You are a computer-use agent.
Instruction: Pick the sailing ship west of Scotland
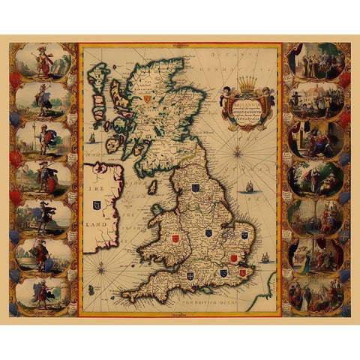pos(91,138)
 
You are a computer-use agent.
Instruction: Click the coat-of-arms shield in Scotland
pos(148,97)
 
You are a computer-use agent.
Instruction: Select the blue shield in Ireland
pos(96,204)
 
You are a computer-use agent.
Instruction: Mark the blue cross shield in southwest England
pos(171,274)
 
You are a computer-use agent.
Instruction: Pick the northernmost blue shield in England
pos(195,188)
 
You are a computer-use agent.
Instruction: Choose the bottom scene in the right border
pos(315,295)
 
